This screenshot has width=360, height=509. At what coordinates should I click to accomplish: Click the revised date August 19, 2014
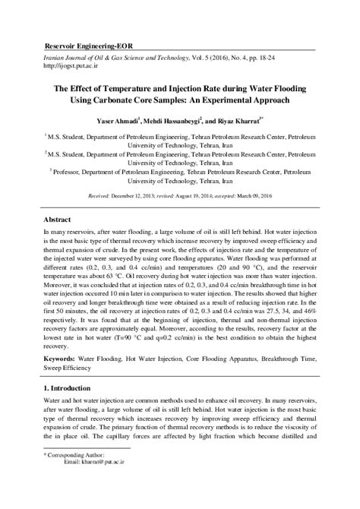197,195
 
